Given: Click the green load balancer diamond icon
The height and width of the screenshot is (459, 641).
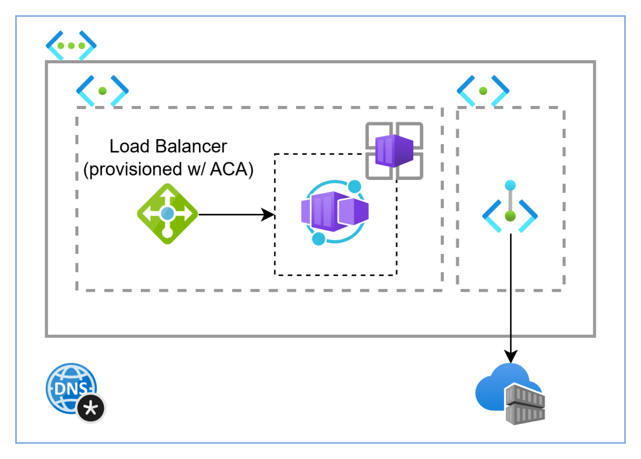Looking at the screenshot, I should [167, 214].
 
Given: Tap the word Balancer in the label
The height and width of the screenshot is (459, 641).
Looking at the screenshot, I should [191, 147].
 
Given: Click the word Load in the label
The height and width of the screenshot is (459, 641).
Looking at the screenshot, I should [129, 147].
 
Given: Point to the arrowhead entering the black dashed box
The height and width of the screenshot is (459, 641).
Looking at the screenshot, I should [270, 215].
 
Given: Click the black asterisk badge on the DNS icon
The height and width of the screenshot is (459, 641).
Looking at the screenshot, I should [92, 409].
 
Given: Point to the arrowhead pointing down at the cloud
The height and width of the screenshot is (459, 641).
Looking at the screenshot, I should [511, 356].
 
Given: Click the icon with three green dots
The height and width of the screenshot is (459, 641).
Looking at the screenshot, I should [71, 46].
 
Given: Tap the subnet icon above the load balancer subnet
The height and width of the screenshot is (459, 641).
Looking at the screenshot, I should [102, 91].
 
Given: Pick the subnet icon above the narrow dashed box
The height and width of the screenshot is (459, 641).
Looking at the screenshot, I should [483, 91].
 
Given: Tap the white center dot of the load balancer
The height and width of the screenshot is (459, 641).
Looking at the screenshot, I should [167, 214].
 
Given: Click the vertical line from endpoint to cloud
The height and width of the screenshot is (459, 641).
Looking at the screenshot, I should [511, 288].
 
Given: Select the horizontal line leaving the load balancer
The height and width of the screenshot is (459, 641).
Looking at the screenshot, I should [232, 215].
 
